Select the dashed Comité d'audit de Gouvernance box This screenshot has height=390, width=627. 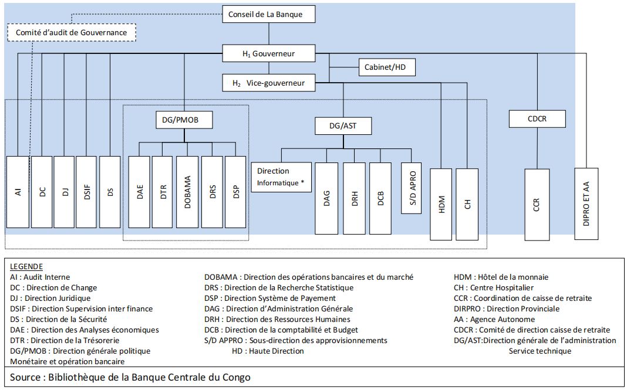pos(71,32)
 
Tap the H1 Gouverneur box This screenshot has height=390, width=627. pos(269,54)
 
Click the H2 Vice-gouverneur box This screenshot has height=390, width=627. pos(269,83)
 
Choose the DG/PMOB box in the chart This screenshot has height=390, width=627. pos(184,120)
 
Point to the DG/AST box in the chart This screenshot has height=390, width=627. pos(343,125)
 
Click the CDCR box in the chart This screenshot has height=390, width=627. pos(537,120)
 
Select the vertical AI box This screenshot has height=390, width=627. pos(18,192)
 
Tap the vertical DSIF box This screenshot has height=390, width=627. pos(86,192)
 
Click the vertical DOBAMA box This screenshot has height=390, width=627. pos(187,192)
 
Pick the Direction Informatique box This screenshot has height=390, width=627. pos(281,177)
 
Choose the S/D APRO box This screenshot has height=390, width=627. pos(412,188)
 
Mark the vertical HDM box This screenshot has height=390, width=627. pos(441,204)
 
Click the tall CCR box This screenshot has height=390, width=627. pos(537,204)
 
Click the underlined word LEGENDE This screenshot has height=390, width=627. pos(26,266)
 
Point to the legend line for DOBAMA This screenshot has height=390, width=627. pos(308,277)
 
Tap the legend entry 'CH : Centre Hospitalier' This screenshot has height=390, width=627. pos(494,287)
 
